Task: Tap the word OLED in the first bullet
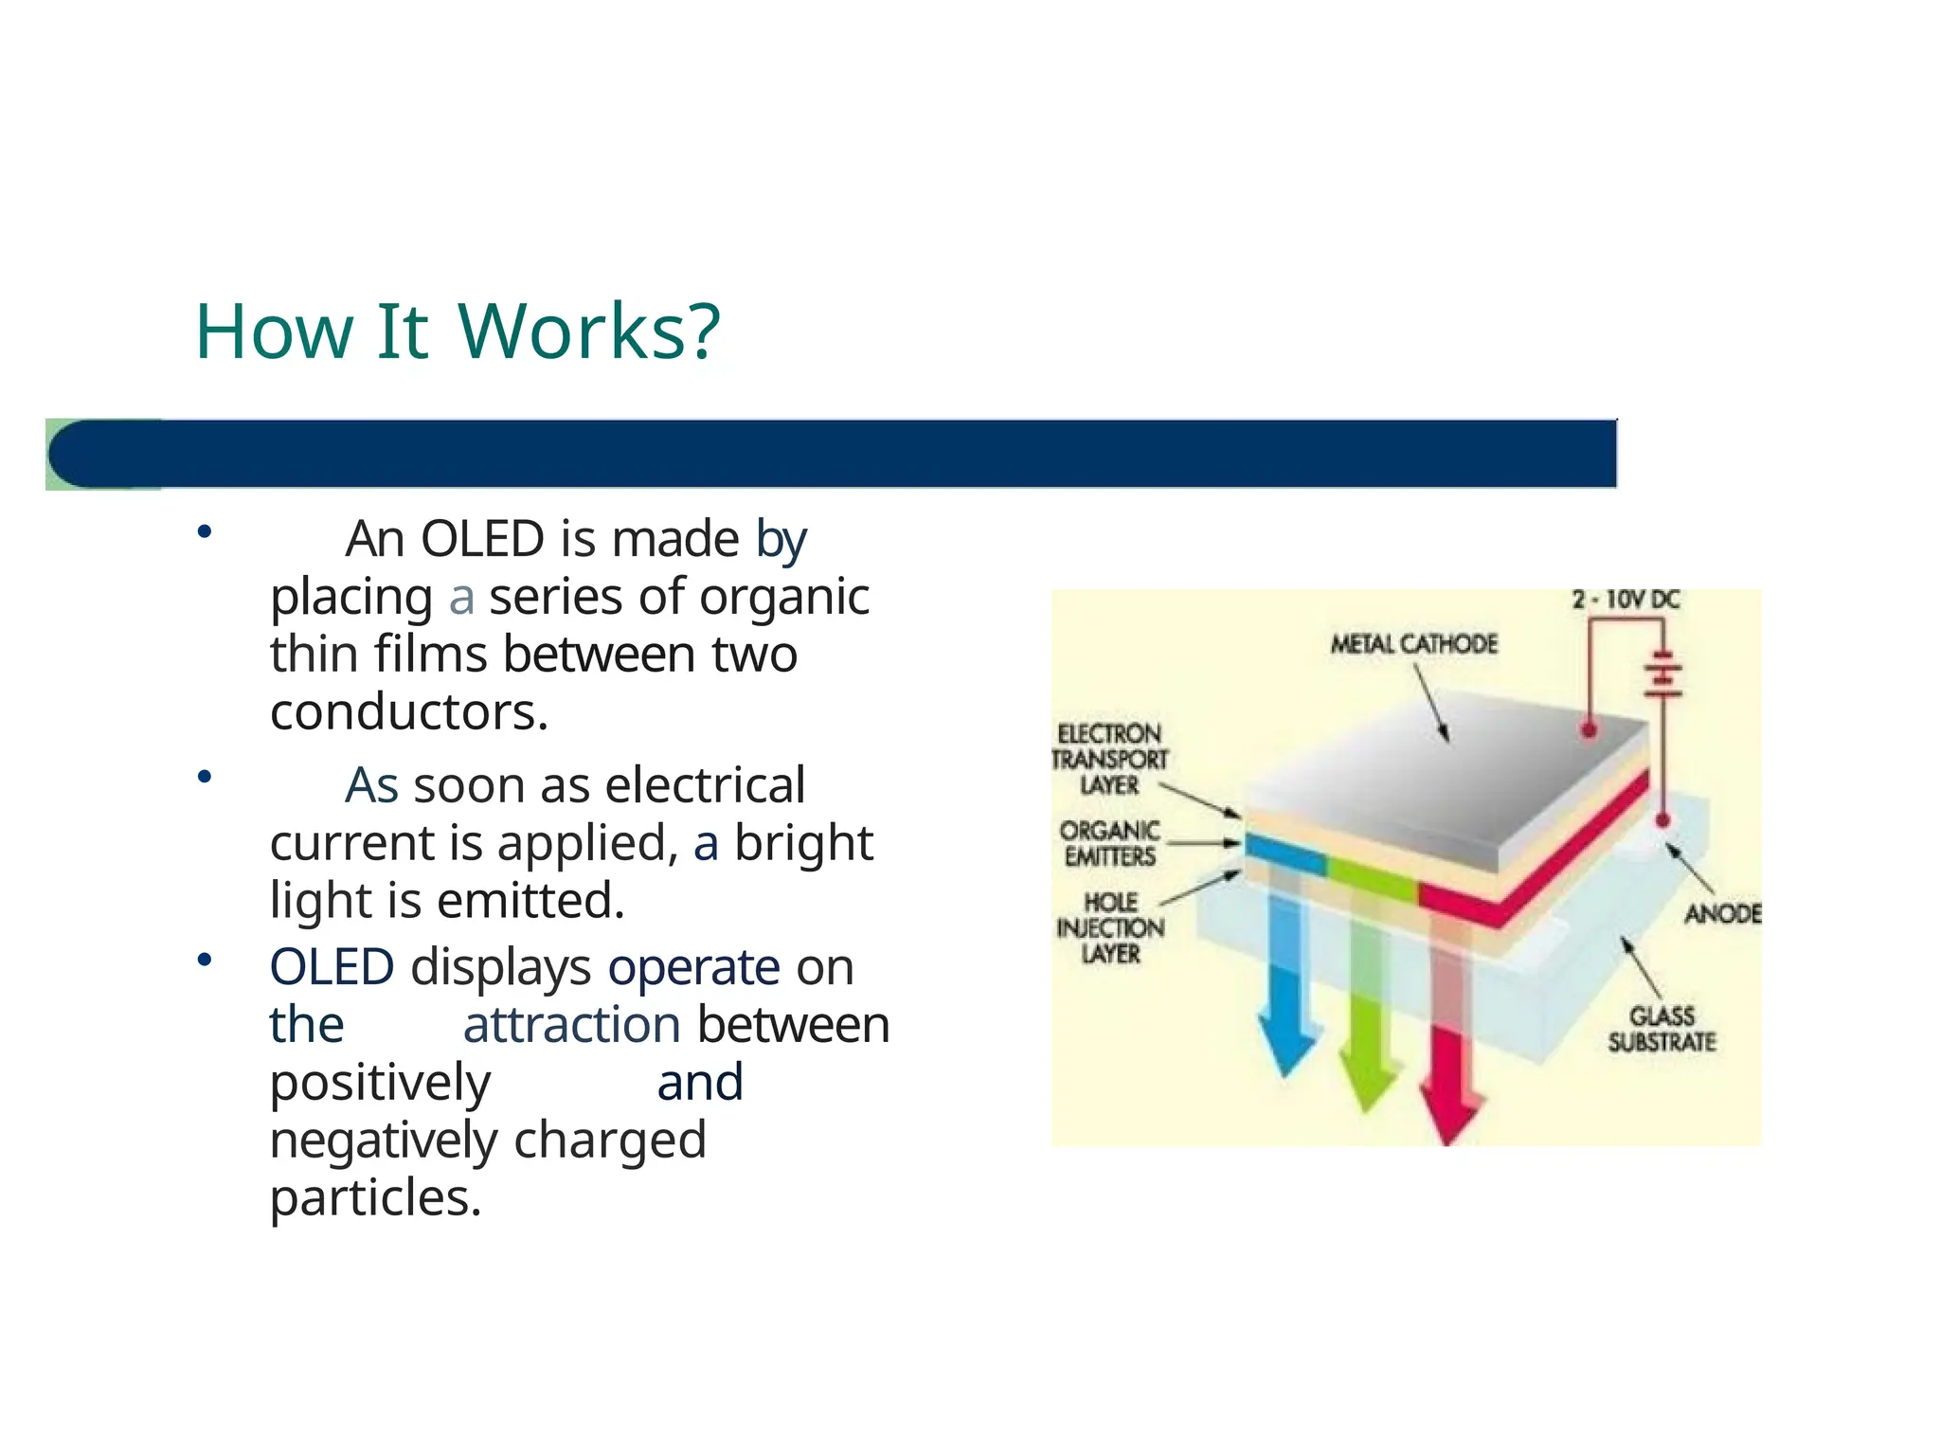[x=482, y=539]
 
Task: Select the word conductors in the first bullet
[x=408, y=712]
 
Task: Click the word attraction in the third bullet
[x=571, y=1025]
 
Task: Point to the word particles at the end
[x=375, y=1198]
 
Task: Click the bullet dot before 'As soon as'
[x=204, y=778]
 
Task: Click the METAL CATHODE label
[x=1414, y=644]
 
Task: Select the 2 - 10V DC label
[x=1626, y=600]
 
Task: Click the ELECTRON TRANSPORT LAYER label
[x=1109, y=759]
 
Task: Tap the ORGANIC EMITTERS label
[x=1109, y=843]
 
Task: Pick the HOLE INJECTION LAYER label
[x=1110, y=927]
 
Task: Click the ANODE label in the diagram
[x=1722, y=913]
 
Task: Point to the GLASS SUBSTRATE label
[x=1662, y=1029]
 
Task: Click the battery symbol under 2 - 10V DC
[x=1662, y=674]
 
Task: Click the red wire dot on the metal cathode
[x=1590, y=729]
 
